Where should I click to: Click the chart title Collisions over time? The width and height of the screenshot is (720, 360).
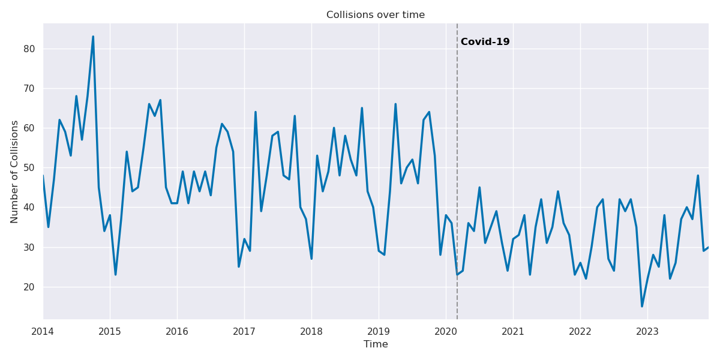[x=375, y=15]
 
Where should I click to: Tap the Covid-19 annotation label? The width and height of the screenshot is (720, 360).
[x=485, y=42]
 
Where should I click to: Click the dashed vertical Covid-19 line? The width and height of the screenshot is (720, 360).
[x=457, y=180]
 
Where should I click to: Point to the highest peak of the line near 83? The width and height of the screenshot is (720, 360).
[x=93, y=37]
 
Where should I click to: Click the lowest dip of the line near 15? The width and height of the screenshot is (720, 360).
[x=641, y=306]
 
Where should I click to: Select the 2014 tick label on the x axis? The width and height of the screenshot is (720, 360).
[x=43, y=331]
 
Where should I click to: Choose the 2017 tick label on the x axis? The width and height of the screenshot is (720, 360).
[x=244, y=331]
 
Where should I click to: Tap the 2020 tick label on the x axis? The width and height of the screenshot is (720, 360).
[x=446, y=331]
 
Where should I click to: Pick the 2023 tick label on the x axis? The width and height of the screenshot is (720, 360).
[x=647, y=331]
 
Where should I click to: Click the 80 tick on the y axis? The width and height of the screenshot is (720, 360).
[x=30, y=49]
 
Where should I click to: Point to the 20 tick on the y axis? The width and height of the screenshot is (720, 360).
[x=30, y=287]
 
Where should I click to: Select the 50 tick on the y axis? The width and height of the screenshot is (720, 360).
[x=30, y=167]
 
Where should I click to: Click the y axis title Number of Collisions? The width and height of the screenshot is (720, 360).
[x=15, y=172]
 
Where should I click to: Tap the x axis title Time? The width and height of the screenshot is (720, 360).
[x=376, y=344]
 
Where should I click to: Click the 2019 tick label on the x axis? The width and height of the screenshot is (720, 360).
[x=379, y=331]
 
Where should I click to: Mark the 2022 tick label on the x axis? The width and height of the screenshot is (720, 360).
[x=580, y=331]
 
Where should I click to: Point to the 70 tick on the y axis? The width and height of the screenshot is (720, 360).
[x=30, y=88]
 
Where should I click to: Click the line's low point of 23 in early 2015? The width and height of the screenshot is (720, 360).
[x=115, y=274]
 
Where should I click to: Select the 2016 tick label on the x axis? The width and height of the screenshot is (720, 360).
[x=177, y=331]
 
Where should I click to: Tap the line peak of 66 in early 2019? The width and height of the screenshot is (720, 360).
[x=395, y=104]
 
